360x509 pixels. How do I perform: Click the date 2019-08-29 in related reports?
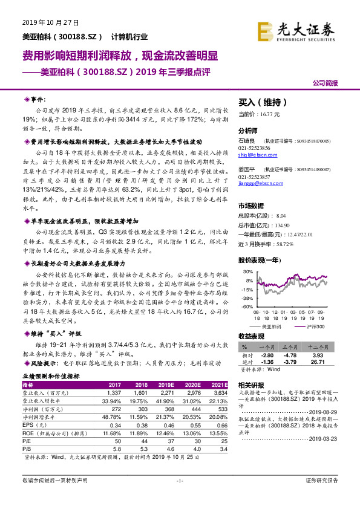pyautogui.click(x=330, y=411)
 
